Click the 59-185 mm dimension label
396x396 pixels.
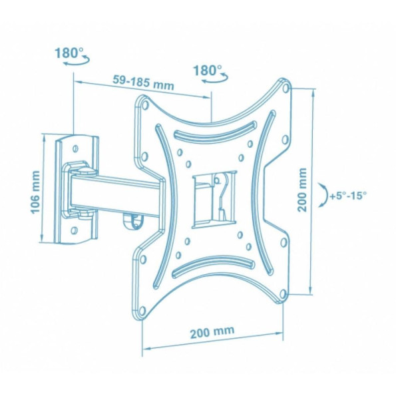click(x=143, y=83)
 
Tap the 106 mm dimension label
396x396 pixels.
click(x=35, y=192)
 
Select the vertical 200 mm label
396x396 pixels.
click(x=302, y=190)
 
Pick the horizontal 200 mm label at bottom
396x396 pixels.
click(x=212, y=331)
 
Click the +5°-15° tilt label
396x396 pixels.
click(x=348, y=196)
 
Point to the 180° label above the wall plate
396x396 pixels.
click(x=69, y=53)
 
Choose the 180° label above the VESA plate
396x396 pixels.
click(x=208, y=70)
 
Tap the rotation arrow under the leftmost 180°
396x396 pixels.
click(x=77, y=61)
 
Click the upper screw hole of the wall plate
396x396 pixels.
click(x=75, y=148)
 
